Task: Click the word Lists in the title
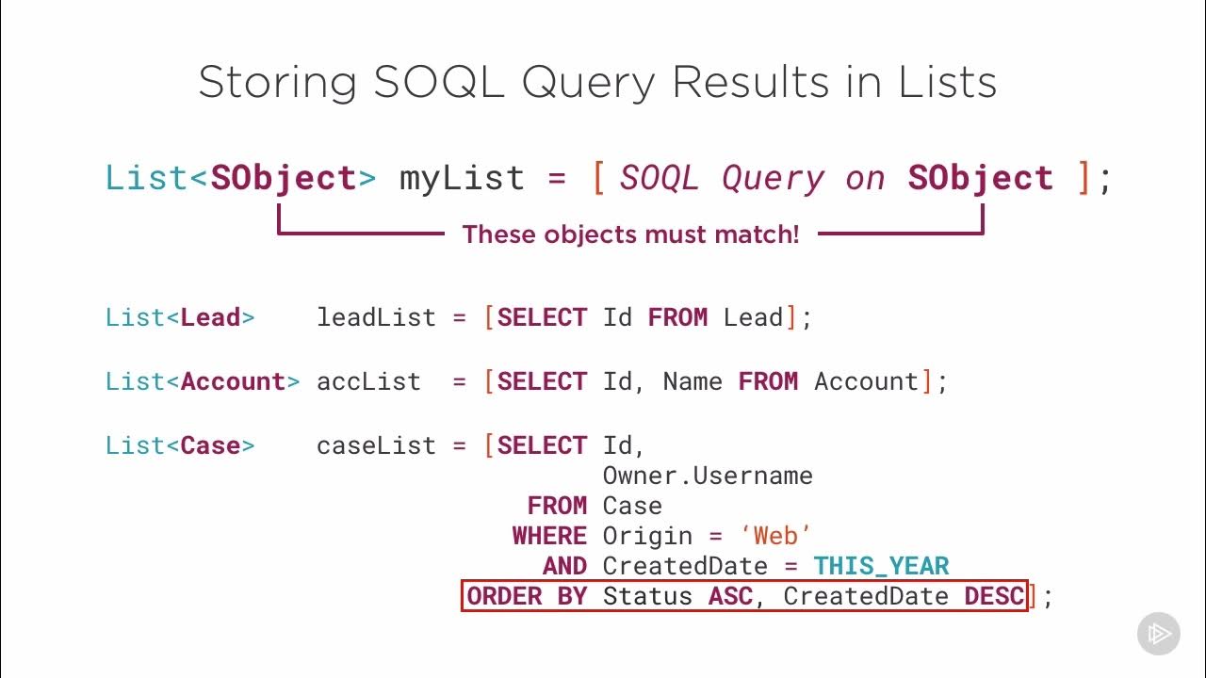(947, 84)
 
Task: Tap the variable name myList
(462, 178)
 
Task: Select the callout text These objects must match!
(630, 234)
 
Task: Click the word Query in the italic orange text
(773, 178)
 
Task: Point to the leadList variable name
(376, 317)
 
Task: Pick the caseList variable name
(376, 445)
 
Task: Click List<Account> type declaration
(203, 381)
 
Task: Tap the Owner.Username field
(708, 476)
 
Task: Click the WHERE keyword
(549, 536)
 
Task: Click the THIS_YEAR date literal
(881, 566)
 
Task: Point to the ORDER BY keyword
(527, 596)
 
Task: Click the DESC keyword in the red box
(994, 596)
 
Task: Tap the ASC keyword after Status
(730, 596)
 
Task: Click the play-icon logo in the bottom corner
(1158, 633)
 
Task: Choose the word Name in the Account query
(693, 381)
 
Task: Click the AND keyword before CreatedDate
(564, 566)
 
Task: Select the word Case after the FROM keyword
(632, 506)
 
